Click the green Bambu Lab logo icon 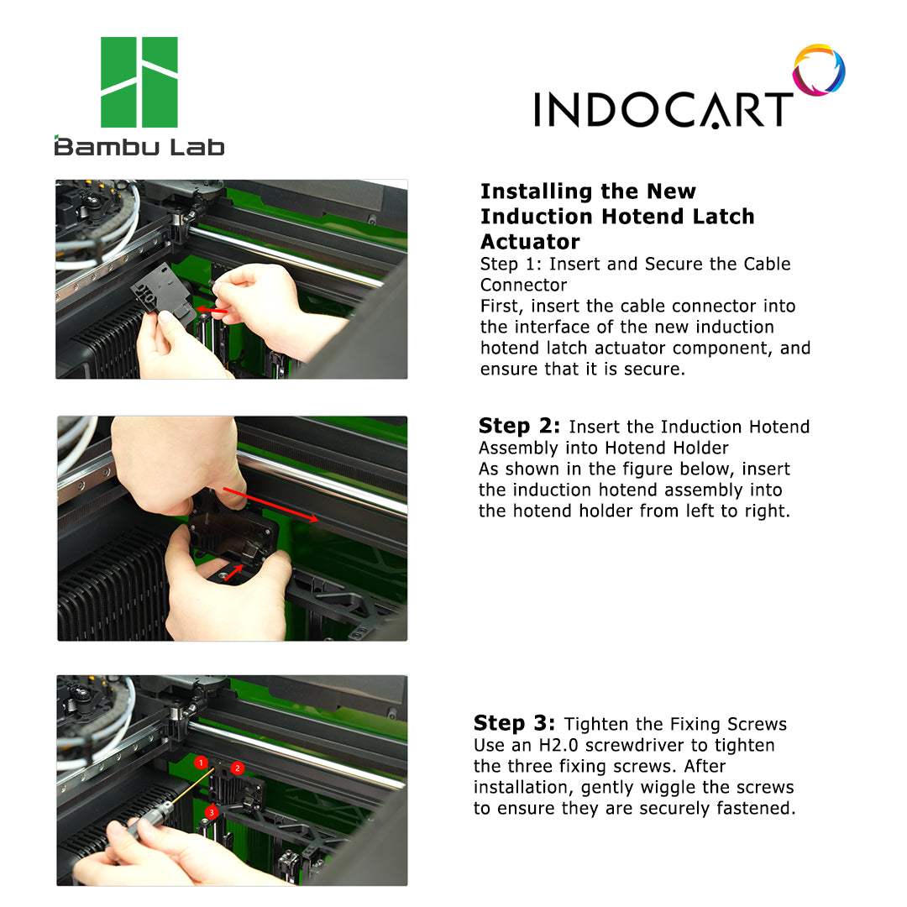pyautogui.click(x=139, y=82)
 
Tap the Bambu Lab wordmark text pyautogui.click(x=139, y=146)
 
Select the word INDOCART pyautogui.click(x=663, y=109)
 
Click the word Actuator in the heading pyautogui.click(x=530, y=241)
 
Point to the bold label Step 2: pyautogui.click(x=519, y=426)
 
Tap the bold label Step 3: pyautogui.click(x=514, y=723)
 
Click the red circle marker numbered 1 pyautogui.click(x=201, y=763)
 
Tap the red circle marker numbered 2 pyautogui.click(x=237, y=768)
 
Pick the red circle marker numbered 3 pyautogui.click(x=212, y=812)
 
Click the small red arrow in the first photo pyautogui.click(x=212, y=312)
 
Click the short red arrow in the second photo pyautogui.click(x=233, y=573)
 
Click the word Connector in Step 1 pyautogui.click(x=523, y=286)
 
